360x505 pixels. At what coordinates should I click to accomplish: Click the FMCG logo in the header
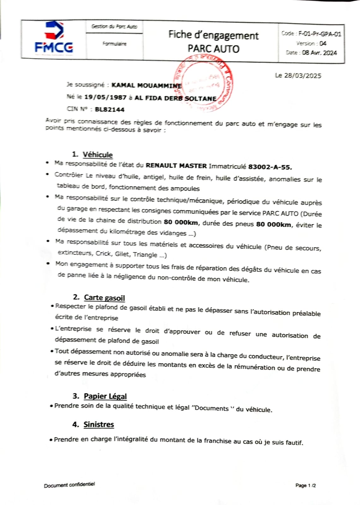click(54, 38)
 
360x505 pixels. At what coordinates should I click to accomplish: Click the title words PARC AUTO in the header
click(213, 49)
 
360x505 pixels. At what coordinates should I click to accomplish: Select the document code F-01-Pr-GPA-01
click(320, 34)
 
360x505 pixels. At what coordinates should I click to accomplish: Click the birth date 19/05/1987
click(105, 98)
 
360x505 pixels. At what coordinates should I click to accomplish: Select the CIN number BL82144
click(110, 110)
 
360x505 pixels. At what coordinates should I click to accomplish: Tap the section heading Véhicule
click(98, 155)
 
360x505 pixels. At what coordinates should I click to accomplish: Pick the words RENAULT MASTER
click(176, 165)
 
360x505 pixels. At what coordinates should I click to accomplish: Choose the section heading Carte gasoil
click(104, 298)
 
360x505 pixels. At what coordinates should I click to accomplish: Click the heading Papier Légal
click(105, 396)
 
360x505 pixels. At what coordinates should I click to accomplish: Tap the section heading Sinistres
click(99, 425)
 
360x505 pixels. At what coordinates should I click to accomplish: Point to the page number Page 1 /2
click(305, 485)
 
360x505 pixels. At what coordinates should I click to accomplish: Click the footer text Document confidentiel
click(69, 485)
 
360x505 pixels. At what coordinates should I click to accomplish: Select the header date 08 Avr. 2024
click(319, 53)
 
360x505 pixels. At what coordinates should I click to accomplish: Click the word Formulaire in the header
click(114, 44)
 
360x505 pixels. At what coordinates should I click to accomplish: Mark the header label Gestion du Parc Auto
click(114, 27)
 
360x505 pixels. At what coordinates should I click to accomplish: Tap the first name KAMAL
click(123, 85)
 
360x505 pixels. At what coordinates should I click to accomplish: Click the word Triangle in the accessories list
click(145, 254)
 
